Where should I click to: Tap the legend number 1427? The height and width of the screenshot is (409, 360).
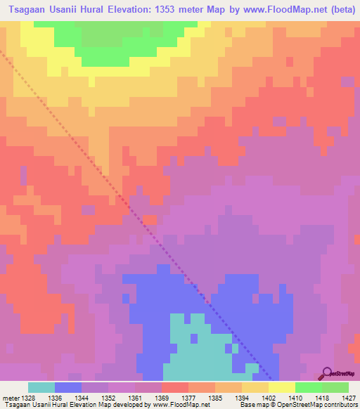(x=340, y=397)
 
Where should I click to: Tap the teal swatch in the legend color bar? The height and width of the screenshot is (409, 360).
(x=41, y=387)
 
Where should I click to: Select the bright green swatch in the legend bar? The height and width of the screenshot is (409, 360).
(x=309, y=387)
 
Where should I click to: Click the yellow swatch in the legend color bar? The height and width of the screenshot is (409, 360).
(x=282, y=387)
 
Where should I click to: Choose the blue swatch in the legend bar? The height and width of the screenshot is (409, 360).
(x=68, y=387)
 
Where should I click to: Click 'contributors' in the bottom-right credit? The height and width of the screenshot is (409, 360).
(x=339, y=405)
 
